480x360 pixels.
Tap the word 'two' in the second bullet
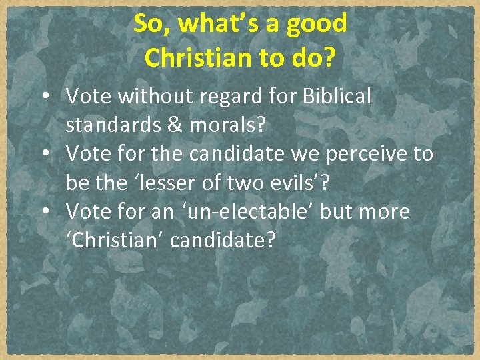(x=248, y=183)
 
